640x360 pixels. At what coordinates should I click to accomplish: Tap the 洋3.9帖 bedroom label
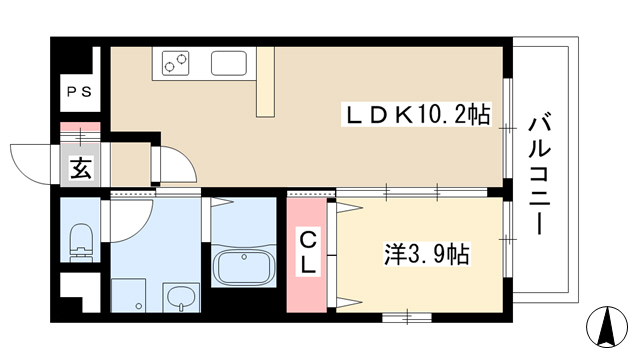coord(427,255)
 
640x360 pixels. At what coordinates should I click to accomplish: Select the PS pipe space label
coord(80,92)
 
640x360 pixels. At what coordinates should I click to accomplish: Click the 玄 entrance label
coord(80,168)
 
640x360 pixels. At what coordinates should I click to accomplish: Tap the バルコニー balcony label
coord(540,176)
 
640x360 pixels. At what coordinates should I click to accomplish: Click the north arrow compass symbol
coord(607,327)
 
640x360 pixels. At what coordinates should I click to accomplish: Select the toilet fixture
coord(81,242)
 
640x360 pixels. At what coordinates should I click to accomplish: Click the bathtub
coord(244,267)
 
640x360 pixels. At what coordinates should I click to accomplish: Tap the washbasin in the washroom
coord(182,298)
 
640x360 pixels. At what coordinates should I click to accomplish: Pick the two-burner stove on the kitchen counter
coord(176,63)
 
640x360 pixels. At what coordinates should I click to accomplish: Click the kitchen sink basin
coord(229,63)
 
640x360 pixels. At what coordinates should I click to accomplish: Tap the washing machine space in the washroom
coord(128,296)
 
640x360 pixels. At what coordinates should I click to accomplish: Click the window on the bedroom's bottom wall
coord(407,317)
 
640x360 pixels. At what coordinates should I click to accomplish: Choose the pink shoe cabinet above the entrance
coord(80,127)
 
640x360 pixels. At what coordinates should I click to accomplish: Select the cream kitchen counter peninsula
coord(265,82)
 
